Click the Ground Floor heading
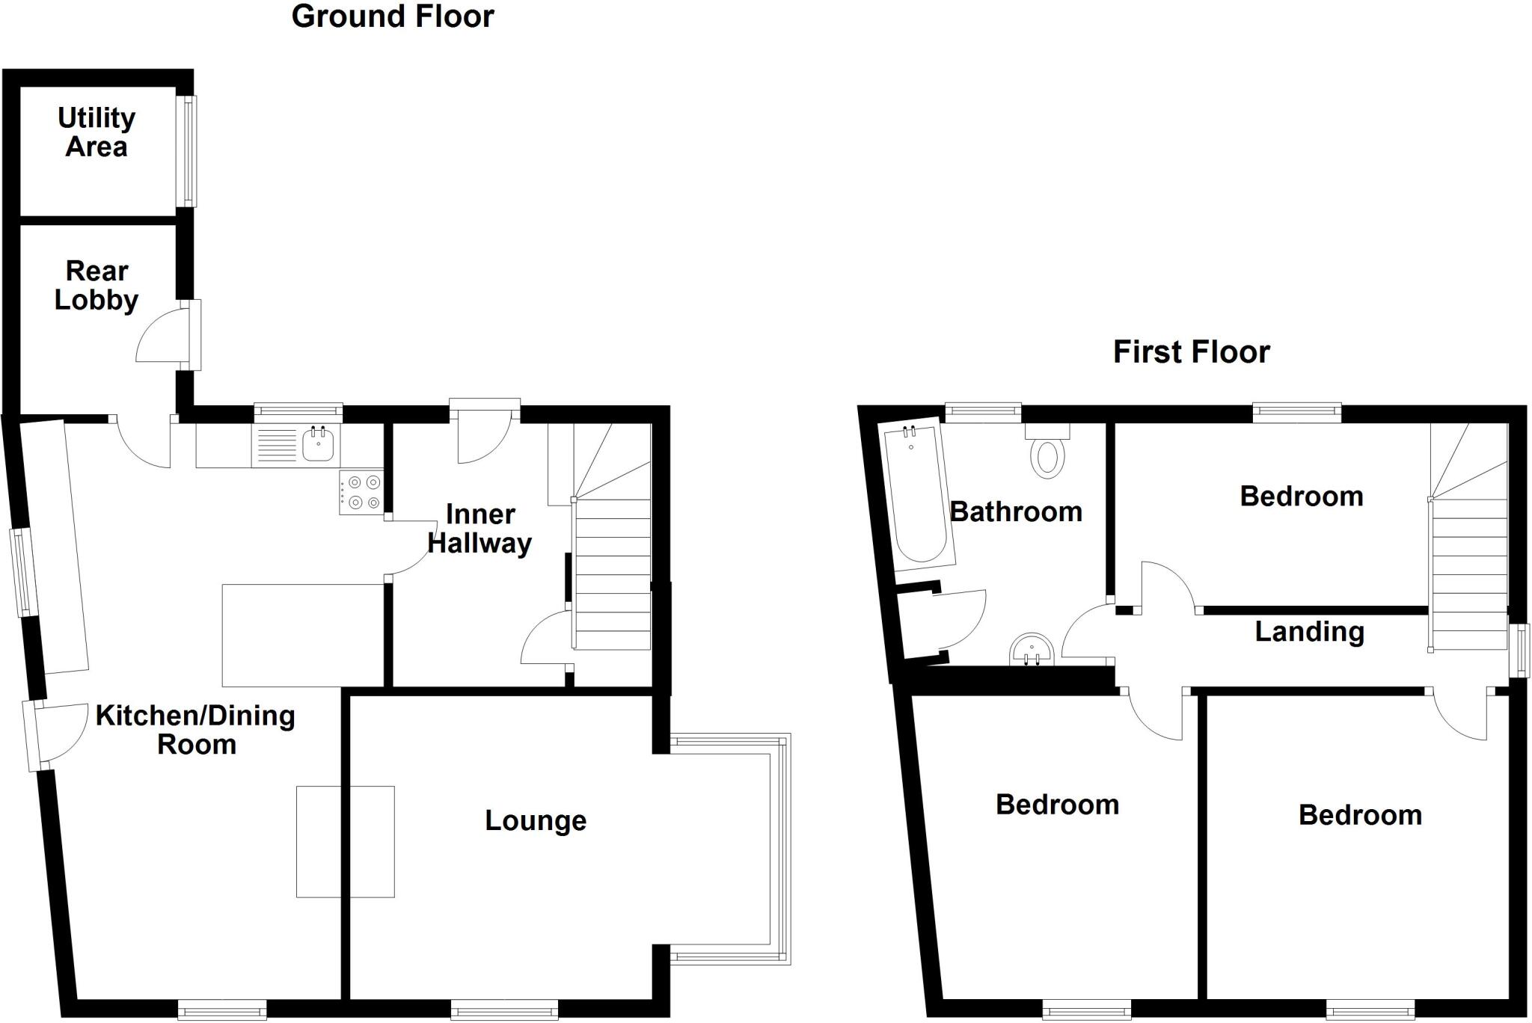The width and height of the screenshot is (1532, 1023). [x=393, y=16]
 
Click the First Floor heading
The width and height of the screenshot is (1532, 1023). [x=1191, y=351]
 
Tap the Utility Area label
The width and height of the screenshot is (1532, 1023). [x=96, y=132]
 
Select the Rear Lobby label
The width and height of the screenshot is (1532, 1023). [x=96, y=285]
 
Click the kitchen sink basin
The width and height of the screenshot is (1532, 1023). [x=318, y=446]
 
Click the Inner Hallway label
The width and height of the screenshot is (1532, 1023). [x=479, y=529]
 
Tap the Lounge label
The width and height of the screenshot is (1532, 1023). [x=536, y=820]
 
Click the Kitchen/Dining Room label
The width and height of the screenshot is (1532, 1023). [x=195, y=730]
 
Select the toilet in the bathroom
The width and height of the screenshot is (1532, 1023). [x=1047, y=456]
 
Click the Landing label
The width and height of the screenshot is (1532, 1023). [x=1309, y=632]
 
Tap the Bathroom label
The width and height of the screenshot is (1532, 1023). [x=1016, y=512]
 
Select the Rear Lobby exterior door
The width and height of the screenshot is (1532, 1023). [x=194, y=335]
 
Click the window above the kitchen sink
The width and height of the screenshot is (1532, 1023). [x=298, y=410]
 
